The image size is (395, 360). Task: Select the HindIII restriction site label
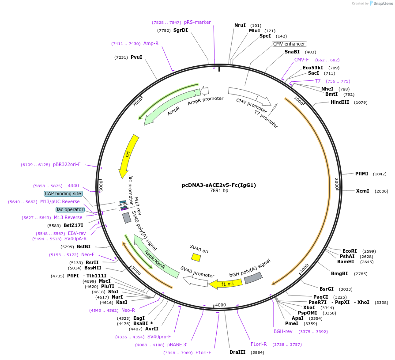[340, 102]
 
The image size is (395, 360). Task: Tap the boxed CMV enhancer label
[289, 44]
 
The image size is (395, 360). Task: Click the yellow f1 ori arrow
[226, 284]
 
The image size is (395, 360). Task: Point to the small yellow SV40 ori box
[196, 257]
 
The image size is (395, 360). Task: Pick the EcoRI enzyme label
[350, 251]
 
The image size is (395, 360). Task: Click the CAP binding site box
[63, 193]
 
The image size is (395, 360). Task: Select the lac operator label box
[70, 209]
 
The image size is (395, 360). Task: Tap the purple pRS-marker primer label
[197, 23]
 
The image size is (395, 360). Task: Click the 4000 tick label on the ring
[221, 305]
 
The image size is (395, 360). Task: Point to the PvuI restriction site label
[136, 57]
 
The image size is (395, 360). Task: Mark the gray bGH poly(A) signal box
[253, 278]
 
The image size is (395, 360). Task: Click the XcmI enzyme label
[363, 191]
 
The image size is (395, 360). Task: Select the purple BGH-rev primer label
[283, 331]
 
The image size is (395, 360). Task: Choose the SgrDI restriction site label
[181, 30]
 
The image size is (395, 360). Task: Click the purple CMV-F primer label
[301, 60]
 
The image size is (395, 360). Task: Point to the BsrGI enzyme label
[327, 289]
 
